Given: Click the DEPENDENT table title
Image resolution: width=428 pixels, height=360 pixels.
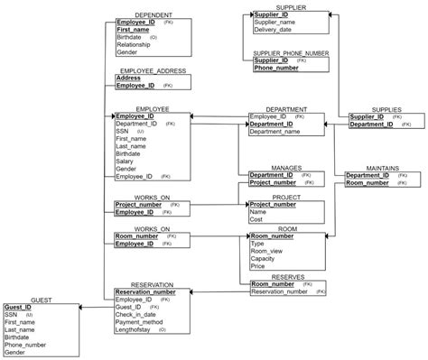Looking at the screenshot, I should pyautogui.click(x=154, y=15).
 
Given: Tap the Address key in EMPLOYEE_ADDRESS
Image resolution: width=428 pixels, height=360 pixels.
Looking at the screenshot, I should pyautogui.click(x=128, y=78).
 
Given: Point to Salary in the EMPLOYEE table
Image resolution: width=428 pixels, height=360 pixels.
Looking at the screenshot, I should pyautogui.click(x=125, y=161).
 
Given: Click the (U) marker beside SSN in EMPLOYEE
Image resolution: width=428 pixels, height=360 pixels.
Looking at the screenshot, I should pyautogui.click(x=141, y=132).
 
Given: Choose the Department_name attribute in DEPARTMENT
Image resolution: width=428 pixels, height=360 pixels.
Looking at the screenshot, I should pyautogui.click(x=274, y=132).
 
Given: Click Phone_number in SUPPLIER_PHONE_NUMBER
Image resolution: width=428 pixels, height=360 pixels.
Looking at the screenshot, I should pyautogui.click(x=276, y=68).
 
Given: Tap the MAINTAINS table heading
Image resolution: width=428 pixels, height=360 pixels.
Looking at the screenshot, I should pyautogui.click(x=374, y=167).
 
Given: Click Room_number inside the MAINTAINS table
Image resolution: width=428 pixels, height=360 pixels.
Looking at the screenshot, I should pyautogui.click(x=368, y=182).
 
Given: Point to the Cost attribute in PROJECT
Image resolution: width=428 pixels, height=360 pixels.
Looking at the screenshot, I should pyautogui.click(x=256, y=219).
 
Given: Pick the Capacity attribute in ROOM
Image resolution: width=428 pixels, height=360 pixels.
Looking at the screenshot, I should pyautogui.click(x=264, y=259).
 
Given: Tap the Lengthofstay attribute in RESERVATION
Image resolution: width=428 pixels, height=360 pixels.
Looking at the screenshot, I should pyautogui.click(x=139, y=330).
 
